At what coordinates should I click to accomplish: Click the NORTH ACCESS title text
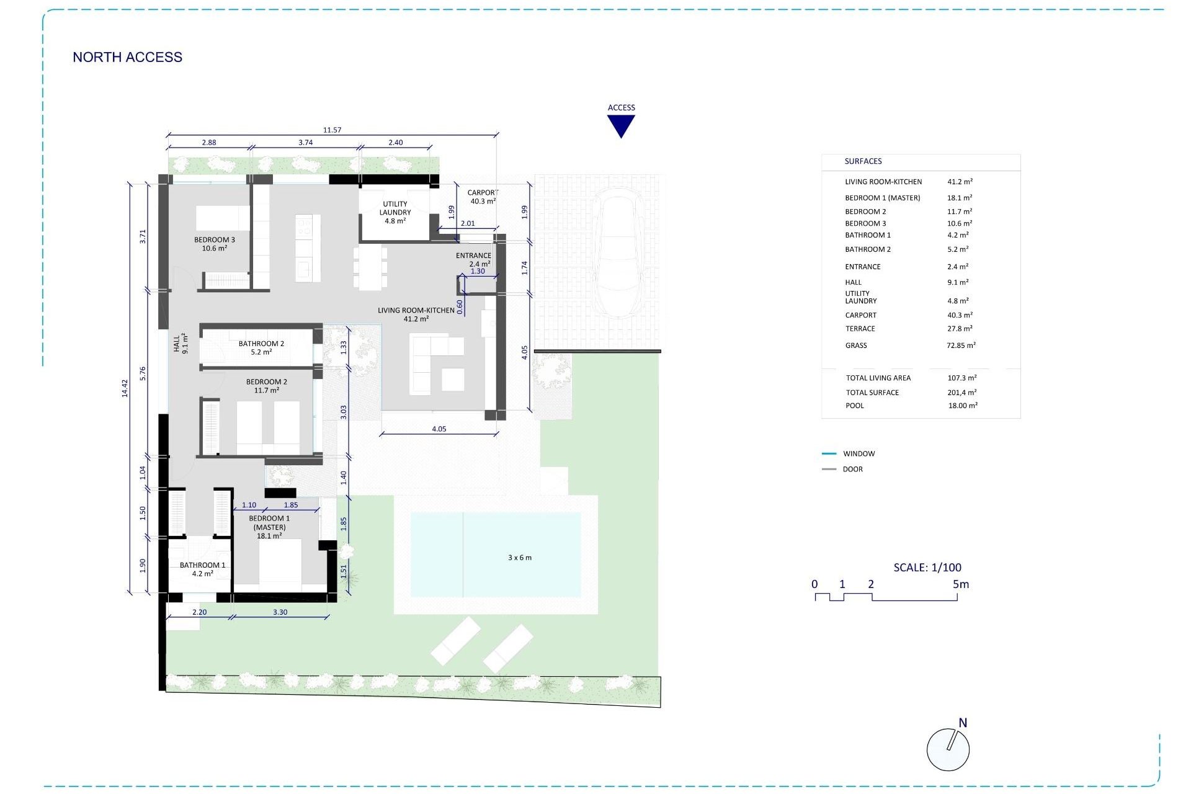tap(127, 57)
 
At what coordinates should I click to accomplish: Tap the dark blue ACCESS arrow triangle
tap(620, 126)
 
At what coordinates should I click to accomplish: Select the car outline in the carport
tap(617, 254)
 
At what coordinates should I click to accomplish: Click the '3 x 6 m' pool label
tap(519, 558)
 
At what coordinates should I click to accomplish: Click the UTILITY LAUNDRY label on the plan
tap(395, 208)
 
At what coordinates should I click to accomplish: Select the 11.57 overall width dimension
tap(332, 130)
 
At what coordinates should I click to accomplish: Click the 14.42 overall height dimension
tap(124, 388)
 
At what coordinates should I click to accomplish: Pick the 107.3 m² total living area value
tap(961, 378)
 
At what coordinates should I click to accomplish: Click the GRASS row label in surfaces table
tap(855, 346)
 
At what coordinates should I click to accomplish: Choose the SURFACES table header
tap(863, 161)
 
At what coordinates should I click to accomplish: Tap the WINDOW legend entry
tap(859, 454)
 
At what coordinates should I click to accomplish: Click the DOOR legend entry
tap(852, 470)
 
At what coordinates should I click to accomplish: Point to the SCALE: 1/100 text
tap(927, 568)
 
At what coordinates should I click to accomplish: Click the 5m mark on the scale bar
tap(960, 584)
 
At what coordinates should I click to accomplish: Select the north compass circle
tap(947, 750)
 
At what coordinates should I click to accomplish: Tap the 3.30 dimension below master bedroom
tap(280, 612)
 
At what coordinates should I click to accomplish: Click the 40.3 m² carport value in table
tap(960, 315)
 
